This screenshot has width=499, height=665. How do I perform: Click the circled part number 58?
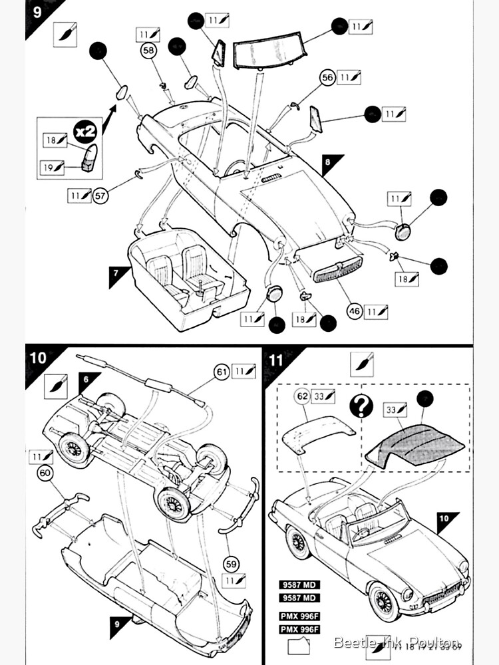pos(148,51)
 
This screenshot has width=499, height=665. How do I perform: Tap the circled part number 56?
pos(327,78)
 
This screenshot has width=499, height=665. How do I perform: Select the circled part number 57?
pos(101,196)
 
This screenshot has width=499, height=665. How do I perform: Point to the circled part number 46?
pos(355,311)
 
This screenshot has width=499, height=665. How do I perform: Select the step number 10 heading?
pos(38,357)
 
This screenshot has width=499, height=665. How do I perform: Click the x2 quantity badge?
pos(85,131)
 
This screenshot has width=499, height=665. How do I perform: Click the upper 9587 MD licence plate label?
pos(299,585)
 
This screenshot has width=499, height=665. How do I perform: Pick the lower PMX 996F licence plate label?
pos(299,629)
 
